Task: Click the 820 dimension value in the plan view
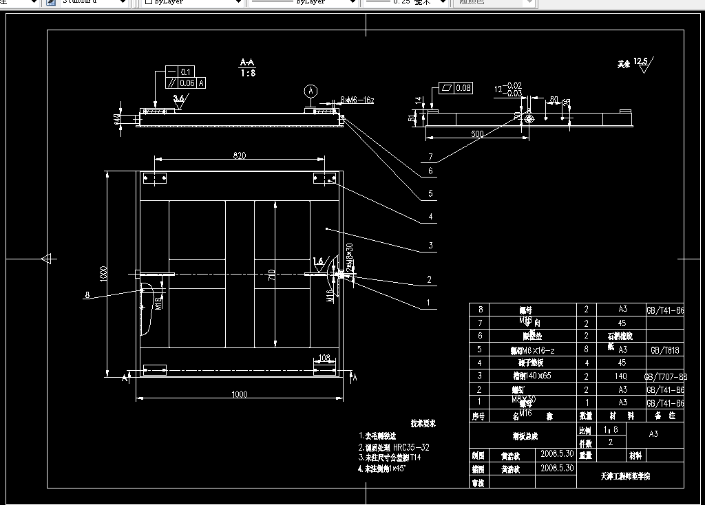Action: click(x=240, y=155)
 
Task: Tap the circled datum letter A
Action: click(x=311, y=91)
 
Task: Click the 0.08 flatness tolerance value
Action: click(x=463, y=88)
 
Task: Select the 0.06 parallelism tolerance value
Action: click(x=187, y=83)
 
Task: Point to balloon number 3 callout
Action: click(x=430, y=246)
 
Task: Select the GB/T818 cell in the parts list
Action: click(x=665, y=350)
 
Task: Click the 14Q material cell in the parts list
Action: click(x=622, y=376)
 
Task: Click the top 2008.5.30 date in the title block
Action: click(x=558, y=455)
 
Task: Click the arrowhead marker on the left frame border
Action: click(x=46, y=259)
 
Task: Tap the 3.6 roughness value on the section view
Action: click(x=179, y=98)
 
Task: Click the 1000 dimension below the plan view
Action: click(x=239, y=394)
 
